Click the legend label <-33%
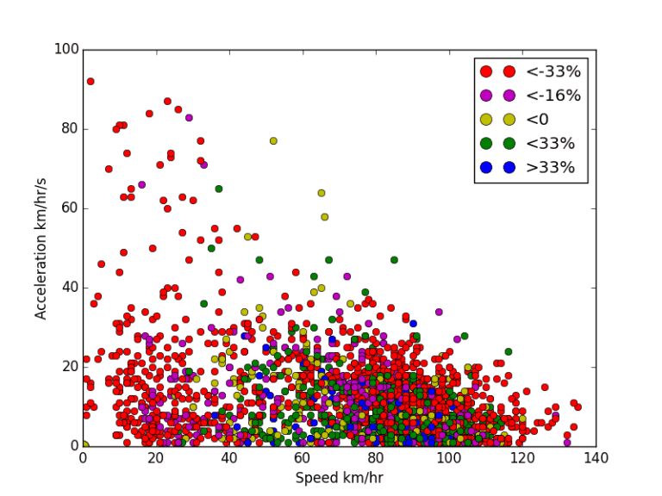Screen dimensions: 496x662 coord(547,71)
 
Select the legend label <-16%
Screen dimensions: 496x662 coord(547,96)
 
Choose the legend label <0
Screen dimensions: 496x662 coord(538,120)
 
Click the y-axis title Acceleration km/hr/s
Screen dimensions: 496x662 coord(41,247)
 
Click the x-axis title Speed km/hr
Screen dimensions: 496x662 coord(339,476)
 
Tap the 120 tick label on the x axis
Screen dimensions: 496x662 coord(522,457)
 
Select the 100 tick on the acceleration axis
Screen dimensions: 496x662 coord(63,50)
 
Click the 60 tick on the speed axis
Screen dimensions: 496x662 coord(303,457)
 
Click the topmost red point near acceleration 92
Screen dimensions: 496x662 coord(91,82)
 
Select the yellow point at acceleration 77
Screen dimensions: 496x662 coord(273,141)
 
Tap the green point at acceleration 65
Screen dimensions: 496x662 coord(219,189)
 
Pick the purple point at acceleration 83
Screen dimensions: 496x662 coord(189,117)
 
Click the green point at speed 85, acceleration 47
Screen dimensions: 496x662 coord(394,260)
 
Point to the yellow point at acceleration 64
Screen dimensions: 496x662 coord(322,193)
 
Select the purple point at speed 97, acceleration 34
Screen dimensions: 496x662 coord(439,312)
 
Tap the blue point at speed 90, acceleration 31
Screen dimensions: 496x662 coord(413,324)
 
